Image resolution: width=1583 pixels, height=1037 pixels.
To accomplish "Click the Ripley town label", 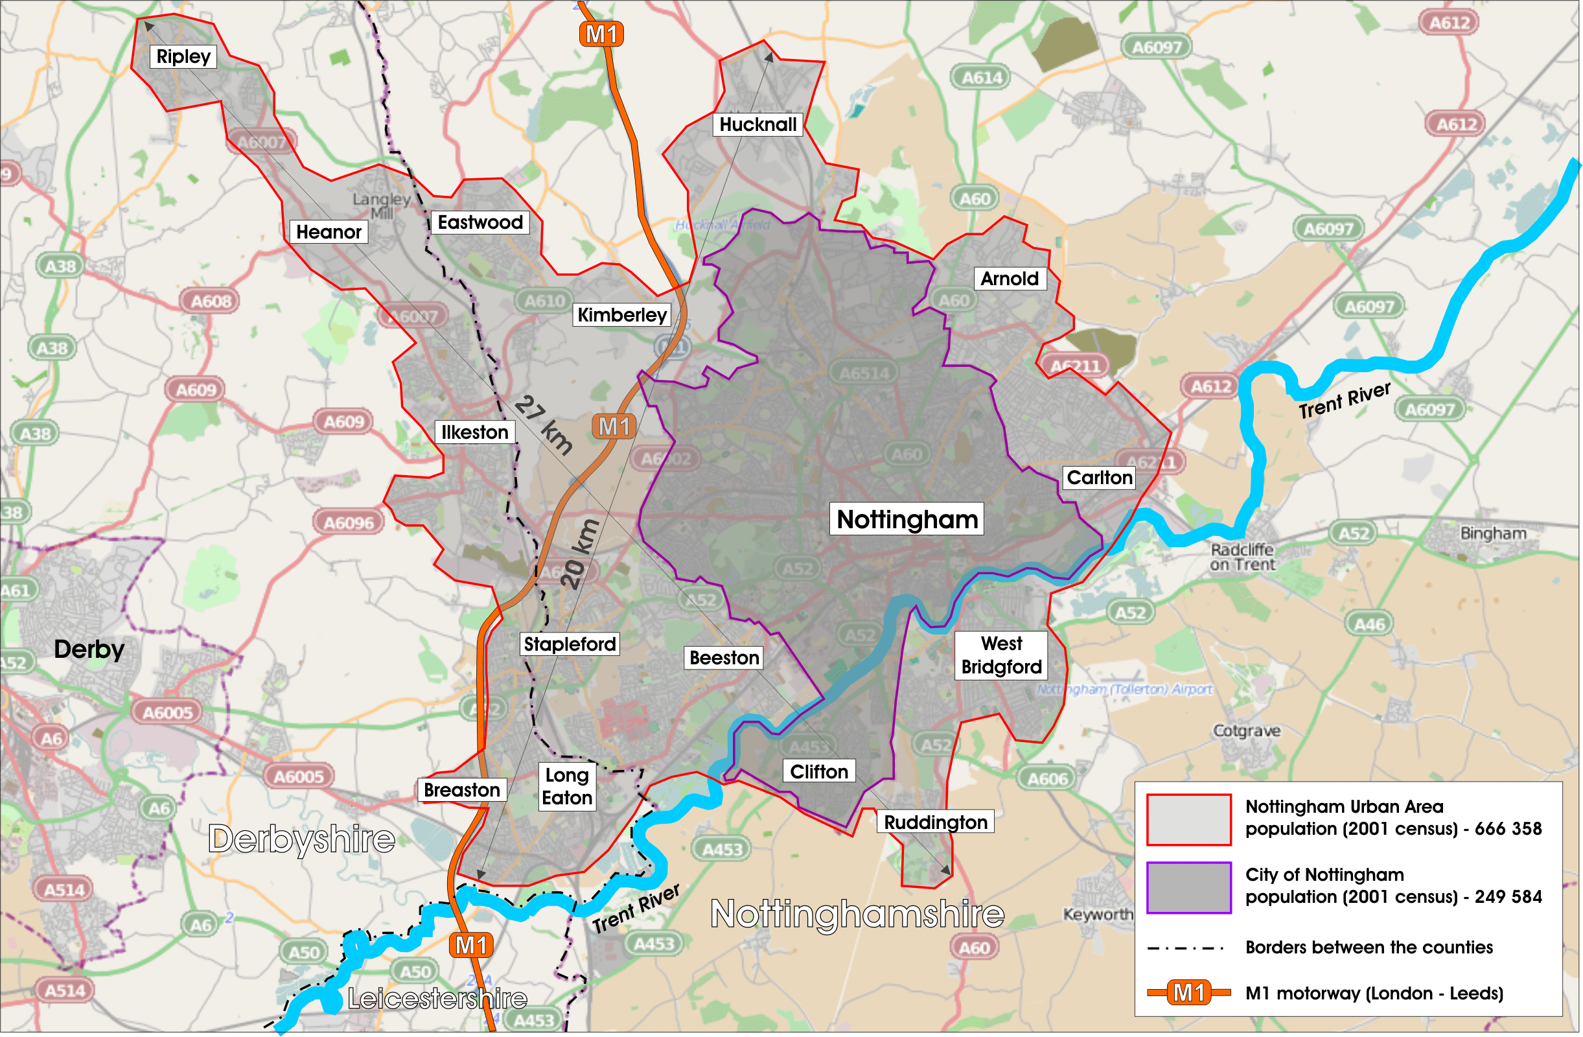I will click(x=183, y=56).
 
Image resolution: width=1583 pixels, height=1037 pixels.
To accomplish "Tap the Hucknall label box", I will click(x=757, y=124).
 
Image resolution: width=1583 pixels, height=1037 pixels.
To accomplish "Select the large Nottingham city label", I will click(x=907, y=520).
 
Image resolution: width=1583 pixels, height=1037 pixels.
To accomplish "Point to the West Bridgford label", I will click(x=1001, y=656).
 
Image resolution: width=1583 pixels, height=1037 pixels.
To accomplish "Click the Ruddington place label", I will click(x=935, y=823).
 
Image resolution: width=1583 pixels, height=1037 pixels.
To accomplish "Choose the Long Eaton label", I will click(x=567, y=787).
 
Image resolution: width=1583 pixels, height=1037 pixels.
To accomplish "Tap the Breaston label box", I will click(x=461, y=790).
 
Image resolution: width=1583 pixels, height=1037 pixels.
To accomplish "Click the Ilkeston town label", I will click(x=474, y=432).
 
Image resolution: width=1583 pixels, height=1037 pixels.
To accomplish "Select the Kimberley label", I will click(x=621, y=314).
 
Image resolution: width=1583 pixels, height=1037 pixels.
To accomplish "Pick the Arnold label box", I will click(x=1009, y=279).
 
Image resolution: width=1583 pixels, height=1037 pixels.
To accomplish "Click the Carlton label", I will click(x=1099, y=478).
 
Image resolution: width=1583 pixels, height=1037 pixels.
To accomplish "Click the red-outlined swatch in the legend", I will click(x=1188, y=820).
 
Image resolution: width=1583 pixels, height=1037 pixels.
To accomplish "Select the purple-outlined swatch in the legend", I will click(x=1188, y=888).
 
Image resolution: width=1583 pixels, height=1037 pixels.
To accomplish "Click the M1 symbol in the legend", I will click(x=1188, y=993).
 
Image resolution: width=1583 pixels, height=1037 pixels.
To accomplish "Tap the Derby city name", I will click(x=89, y=649).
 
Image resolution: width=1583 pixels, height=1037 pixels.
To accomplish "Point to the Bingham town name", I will click(x=1493, y=533).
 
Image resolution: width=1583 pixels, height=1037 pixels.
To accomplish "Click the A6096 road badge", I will click(x=349, y=524).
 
